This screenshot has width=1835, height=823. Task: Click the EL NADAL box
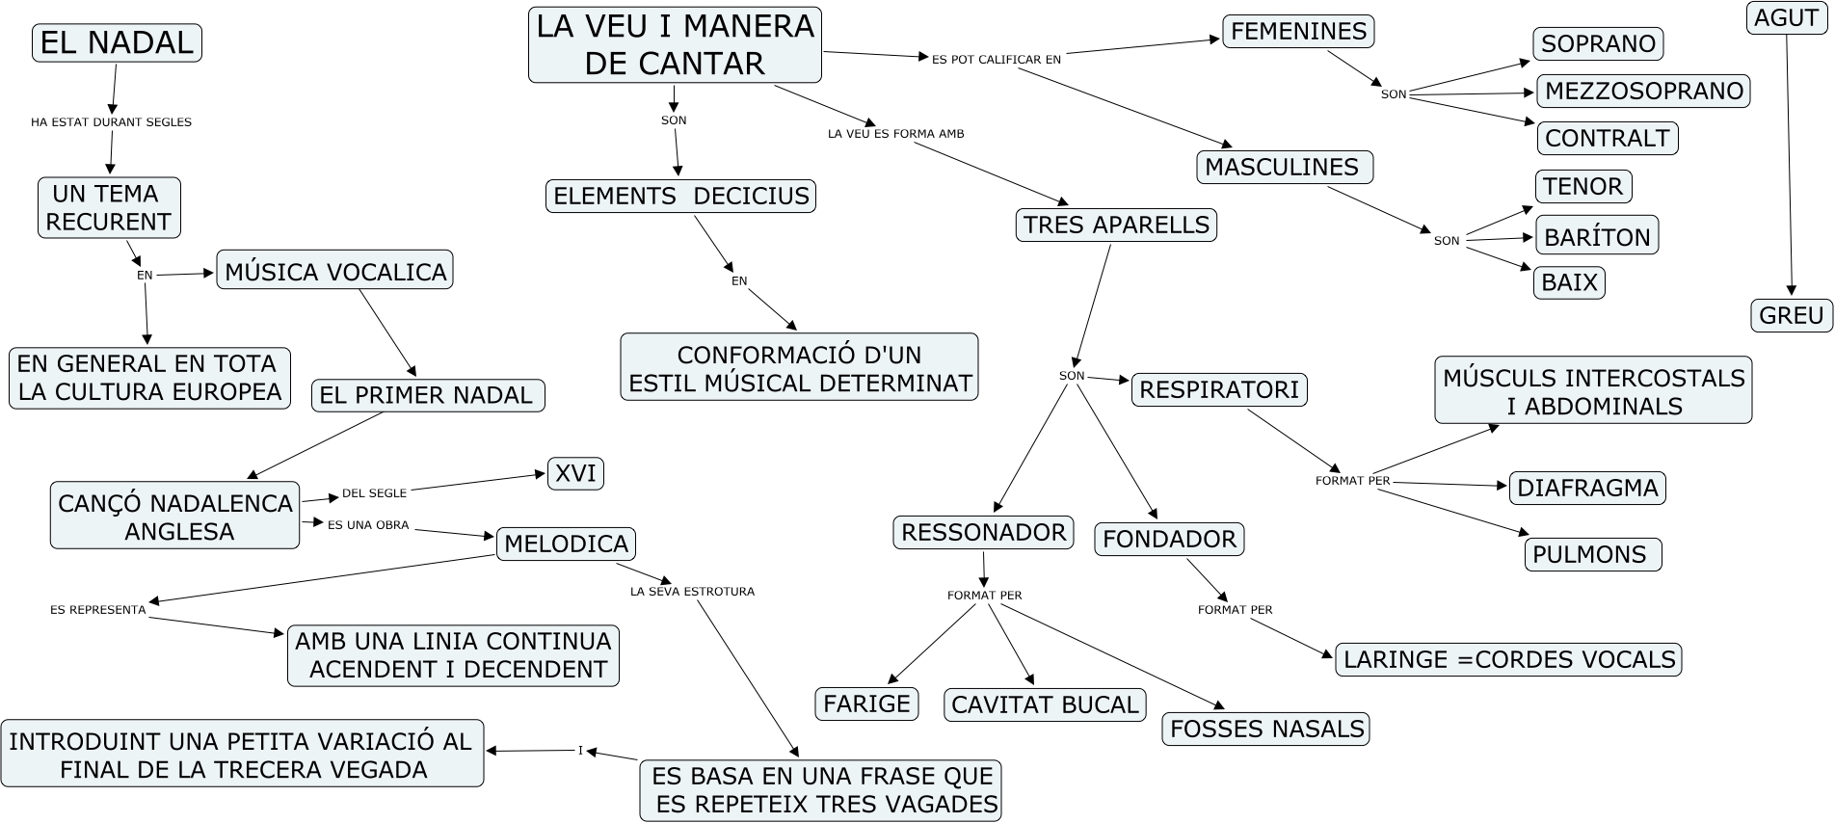tap(117, 43)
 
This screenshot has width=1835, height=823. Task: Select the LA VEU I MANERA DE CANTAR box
tap(675, 45)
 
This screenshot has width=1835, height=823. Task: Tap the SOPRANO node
tap(1598, 43)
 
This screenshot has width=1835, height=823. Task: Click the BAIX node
tap(1569, 282)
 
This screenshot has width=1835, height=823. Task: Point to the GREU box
tap(1791, 315)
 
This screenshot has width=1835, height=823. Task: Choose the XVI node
tap(575, 473)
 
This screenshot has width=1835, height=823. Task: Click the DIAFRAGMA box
tap(1586, 488)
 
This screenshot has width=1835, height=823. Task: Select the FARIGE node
tap(866, 704)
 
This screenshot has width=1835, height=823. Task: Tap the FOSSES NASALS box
tap(1266, 729)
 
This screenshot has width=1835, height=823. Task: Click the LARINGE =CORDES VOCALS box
tap(1508, 659)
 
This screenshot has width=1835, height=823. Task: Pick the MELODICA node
tap(566, 544)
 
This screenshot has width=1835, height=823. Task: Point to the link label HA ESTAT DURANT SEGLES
tap(111, 122)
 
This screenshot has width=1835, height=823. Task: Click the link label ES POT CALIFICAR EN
tap(996, 60)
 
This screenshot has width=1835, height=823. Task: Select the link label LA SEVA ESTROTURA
tap(692, 592)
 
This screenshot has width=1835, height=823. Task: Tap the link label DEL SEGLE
tap(374, 493)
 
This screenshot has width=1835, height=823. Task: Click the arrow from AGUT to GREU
tap(1789, 164)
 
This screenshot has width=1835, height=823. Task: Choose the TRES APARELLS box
tap(1116, 225)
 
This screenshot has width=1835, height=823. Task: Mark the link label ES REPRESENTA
tap(98, 610)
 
